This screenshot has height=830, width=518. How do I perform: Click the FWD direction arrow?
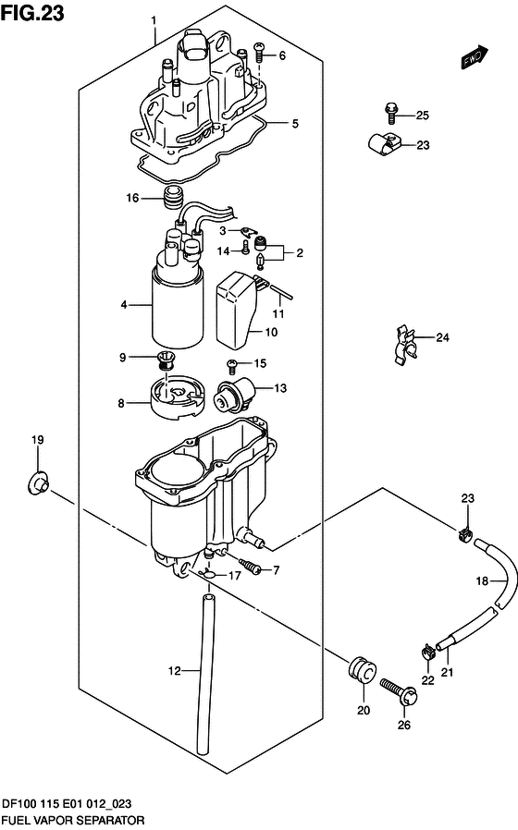[x=474, y=57]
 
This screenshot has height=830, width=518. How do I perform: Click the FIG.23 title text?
[x=33, y=13]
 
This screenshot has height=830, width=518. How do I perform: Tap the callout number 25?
[x=422, y=116]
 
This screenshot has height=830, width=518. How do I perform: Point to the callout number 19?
[x=37, y=439]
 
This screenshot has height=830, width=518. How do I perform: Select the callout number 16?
[x=132, y=198]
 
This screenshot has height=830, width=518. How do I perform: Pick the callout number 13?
[x=280, y=388]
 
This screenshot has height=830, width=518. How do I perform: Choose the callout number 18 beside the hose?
[x=481, y=581]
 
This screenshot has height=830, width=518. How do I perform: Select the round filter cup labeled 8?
[x=174, y=399]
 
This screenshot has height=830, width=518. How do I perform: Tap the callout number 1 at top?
[x=154, y=20]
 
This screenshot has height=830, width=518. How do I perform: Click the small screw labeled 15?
[x=232, y=363]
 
